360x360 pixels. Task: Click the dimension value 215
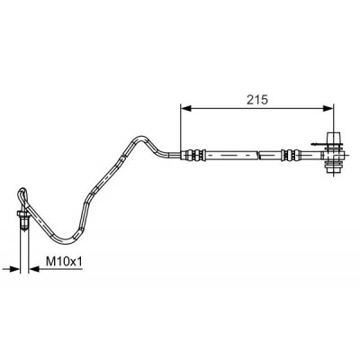click(x=256, y=100)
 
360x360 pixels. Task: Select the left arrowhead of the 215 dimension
click(x=186, y=108)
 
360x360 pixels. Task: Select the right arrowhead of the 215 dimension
click(x=328, y=108)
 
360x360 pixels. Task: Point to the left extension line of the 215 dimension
click(x=180, y=130)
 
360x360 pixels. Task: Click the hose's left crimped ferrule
click(x=194, y=155)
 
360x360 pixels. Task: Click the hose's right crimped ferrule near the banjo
click(x=290, y=155)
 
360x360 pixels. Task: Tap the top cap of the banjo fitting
click(x=333, y=139)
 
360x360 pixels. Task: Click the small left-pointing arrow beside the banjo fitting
click(x=319, y=145)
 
